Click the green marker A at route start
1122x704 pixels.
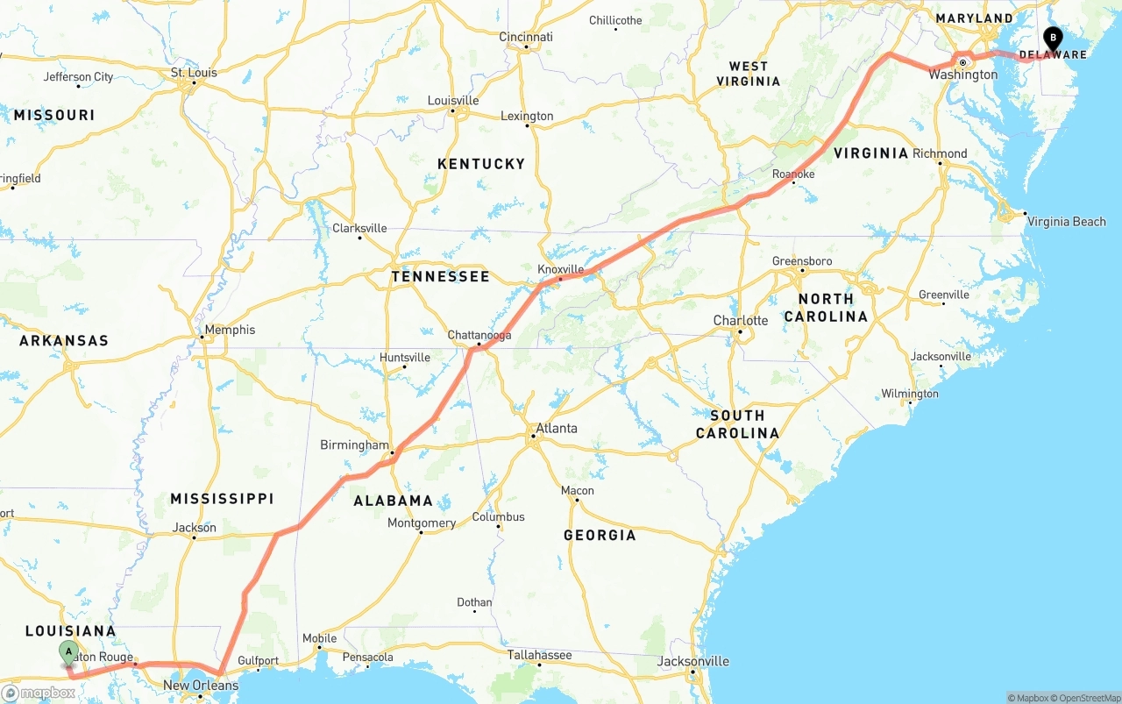point(68,653)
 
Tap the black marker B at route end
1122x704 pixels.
point(1052,39)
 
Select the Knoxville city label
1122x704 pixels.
point(560,269)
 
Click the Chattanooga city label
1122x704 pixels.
point(479,335)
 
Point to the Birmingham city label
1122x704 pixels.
point(353,445)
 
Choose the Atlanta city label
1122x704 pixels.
point(557,429)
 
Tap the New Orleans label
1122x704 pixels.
point(200,686)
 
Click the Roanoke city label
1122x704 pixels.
point(792,174)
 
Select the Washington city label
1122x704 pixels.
point(963,75)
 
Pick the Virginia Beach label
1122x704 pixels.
point(1066,222)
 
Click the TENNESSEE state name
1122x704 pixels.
point(440,277)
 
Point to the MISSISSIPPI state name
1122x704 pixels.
point(222,499)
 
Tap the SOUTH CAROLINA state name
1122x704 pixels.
point(737,424)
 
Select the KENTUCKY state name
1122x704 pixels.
point(481,164)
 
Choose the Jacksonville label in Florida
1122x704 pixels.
point(693,661)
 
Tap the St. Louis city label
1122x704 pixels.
point(194,73)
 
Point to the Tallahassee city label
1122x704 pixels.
point(539,655)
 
